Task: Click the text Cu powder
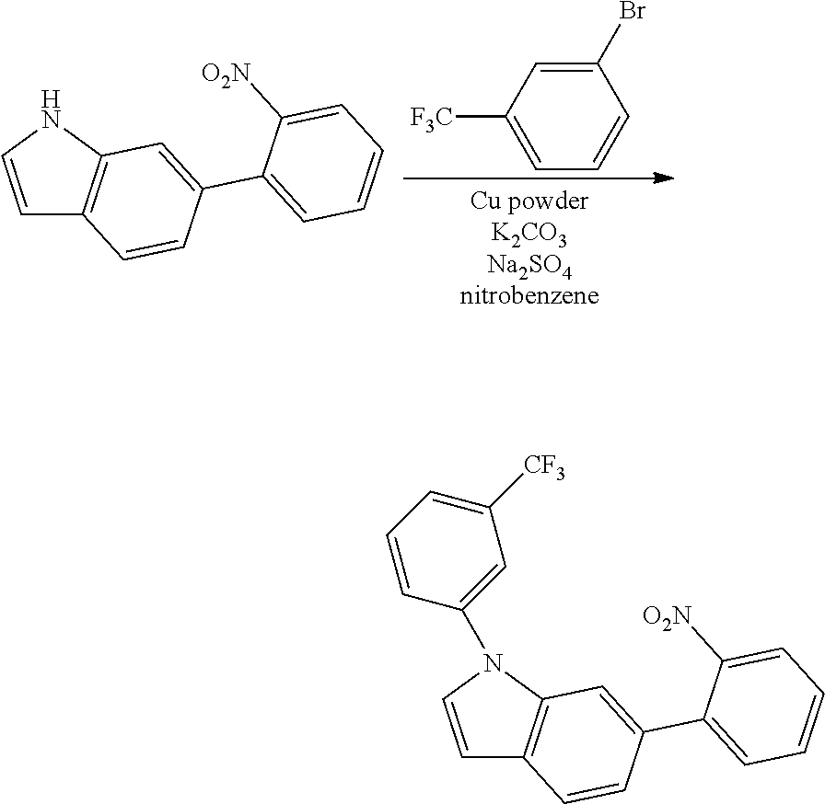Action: click(529, 203)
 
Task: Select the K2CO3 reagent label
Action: click(529, 235)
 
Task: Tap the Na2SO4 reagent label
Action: click(529, 267)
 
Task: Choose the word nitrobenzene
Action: click(529, 297)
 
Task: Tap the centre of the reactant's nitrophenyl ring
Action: click(321, 163)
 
